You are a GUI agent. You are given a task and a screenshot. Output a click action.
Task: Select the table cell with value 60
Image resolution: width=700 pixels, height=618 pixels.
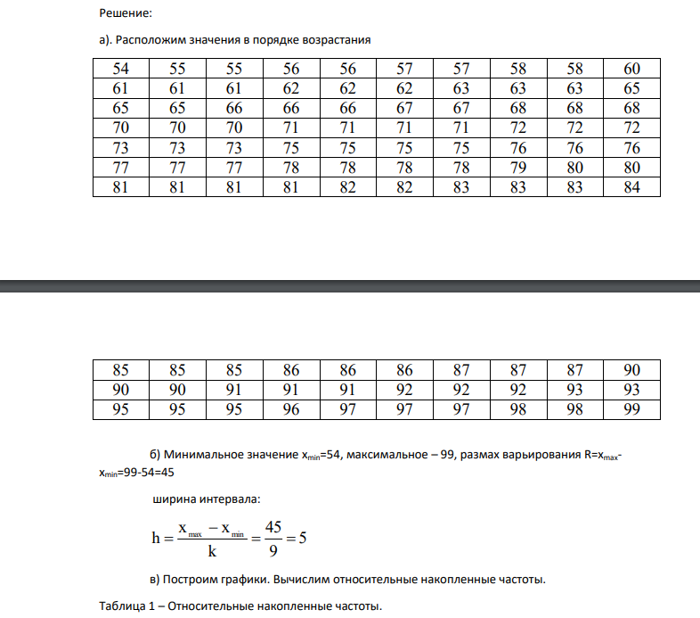[631, 69]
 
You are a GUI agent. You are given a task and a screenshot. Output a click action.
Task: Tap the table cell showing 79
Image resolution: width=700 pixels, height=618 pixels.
[518, 167]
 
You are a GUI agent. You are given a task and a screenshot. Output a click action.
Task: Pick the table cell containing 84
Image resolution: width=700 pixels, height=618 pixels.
[631, 186]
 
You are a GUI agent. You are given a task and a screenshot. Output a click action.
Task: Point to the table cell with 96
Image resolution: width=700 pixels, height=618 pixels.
[291, 409]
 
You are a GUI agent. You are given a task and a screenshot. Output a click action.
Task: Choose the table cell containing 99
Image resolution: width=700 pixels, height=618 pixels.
[631, 409]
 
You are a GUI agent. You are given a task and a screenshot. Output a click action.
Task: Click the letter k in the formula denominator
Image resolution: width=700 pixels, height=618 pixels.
[212, 551]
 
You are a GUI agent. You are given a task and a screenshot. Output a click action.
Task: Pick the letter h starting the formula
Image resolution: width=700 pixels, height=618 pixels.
[156, 539]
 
